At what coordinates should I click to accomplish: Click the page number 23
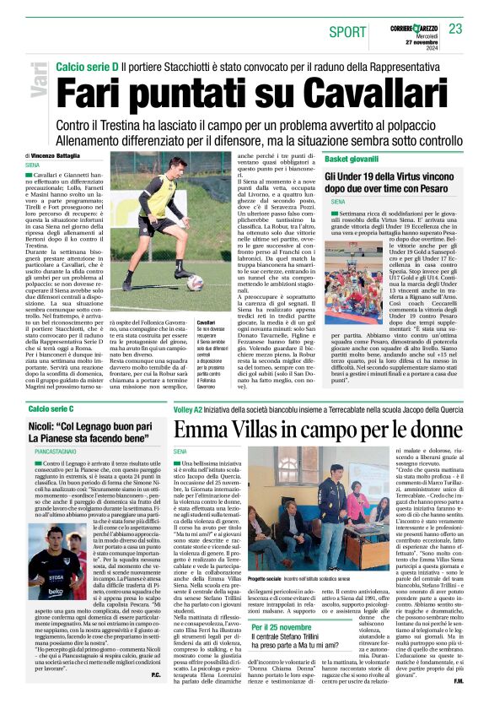456,29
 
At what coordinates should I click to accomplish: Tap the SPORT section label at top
348,32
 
